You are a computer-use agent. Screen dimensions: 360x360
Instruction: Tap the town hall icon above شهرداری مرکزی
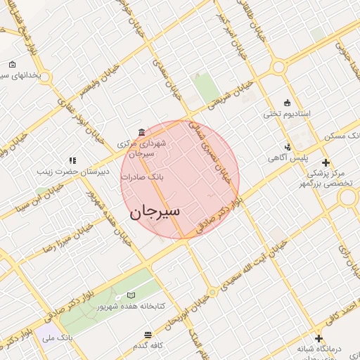(142, 132)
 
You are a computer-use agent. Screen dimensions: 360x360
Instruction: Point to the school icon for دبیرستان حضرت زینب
(72, 160)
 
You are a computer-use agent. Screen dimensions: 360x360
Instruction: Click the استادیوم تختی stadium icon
(286, 103)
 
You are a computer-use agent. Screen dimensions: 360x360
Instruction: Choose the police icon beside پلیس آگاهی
(288, 147)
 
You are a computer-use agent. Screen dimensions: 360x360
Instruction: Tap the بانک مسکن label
(341, 134)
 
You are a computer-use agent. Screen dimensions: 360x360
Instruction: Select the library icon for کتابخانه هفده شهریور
(131, 295)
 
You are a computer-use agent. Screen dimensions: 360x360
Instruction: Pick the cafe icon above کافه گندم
(148, 335)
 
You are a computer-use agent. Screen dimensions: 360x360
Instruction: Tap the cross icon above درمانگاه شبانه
(319, 338)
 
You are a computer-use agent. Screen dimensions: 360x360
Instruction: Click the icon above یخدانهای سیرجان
(13, 65)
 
